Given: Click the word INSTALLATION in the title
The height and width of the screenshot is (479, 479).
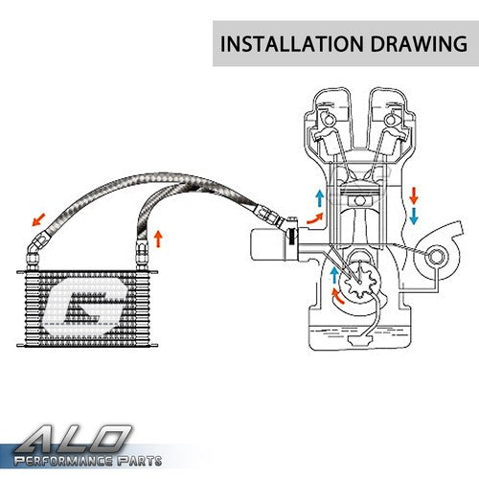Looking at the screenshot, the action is (x=292, y=44).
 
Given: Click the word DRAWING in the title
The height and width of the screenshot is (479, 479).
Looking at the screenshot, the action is (x=419, y=44).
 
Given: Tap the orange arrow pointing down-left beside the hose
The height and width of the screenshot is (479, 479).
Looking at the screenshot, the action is (x=38, y=219).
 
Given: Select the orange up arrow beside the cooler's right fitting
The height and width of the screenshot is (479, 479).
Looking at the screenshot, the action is (x=158, y=239).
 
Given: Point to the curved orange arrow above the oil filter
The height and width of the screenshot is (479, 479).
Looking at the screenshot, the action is (x=315, y=218).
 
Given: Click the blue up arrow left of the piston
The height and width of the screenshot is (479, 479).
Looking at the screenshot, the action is (x=319, y=198).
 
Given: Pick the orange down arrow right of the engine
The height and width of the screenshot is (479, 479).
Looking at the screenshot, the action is (x=414, y=195).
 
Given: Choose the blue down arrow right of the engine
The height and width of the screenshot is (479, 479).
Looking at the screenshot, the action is (x=414, y=217).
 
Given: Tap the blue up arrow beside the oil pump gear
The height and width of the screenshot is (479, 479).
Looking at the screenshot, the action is (x=334, y=275).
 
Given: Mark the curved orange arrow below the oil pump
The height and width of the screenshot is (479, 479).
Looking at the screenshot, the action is (x=337, y=296).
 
